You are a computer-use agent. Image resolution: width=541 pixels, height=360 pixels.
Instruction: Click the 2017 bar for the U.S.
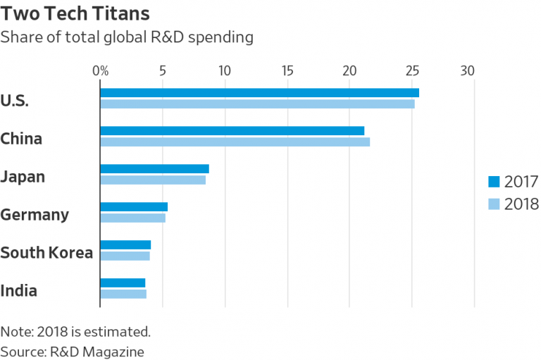[x=259, y=92]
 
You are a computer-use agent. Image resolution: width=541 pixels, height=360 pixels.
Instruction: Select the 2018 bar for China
[x=235, y=142]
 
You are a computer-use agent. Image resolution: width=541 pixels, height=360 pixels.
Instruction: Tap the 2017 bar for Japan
[x=154, y=168]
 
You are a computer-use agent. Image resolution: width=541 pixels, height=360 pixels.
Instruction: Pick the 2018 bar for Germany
[x=132, y=218]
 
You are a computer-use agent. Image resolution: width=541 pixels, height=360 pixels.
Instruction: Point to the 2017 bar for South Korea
[x=125, y=244]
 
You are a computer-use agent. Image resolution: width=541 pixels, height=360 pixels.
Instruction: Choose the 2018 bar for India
[x=123, y=294]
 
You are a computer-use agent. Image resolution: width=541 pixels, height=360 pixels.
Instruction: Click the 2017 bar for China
[x=232, y=130]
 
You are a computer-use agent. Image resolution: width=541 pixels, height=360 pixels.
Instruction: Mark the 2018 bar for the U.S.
[x=257, y=104]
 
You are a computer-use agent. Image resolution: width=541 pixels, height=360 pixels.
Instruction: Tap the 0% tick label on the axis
[x=101, y=70]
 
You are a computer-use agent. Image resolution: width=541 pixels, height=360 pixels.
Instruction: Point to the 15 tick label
[x=287, y=70]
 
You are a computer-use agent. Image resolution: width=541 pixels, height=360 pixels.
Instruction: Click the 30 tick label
[x=468, y=70]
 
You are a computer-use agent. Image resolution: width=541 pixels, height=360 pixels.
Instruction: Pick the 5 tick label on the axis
[x=163, y=70]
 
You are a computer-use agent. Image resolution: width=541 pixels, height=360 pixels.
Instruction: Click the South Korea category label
[x=46, y=252]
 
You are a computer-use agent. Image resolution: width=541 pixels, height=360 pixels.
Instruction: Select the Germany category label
[x=35, y=214]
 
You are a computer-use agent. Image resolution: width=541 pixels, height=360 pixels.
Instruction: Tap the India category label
[x=19, y=290]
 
